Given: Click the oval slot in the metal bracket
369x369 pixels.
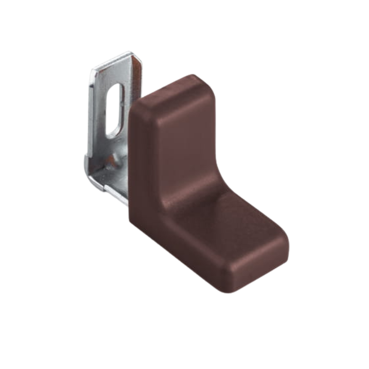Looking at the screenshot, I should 115,111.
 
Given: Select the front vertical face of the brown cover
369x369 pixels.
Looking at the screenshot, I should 184,148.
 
